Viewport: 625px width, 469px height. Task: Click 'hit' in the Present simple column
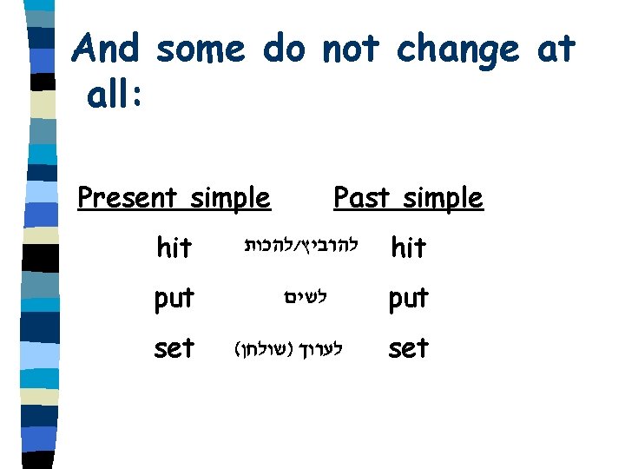174,248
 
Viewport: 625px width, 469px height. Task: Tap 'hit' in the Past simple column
408,248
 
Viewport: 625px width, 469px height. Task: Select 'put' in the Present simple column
174,299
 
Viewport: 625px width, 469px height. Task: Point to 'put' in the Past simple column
408,299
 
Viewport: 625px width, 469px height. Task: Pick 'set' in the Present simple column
174,348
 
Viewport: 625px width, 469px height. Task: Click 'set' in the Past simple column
408,348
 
